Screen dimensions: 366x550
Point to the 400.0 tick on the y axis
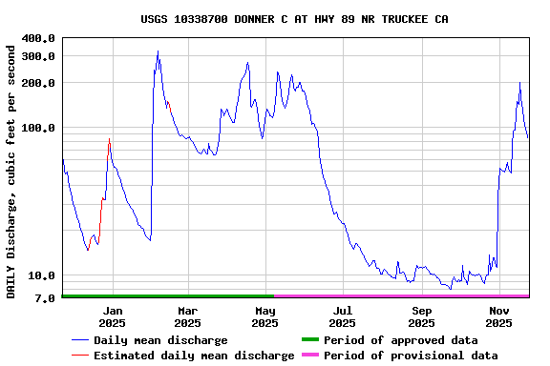[39, 38]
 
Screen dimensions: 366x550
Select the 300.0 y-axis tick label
[39, 56]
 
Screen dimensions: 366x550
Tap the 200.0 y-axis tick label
[39, 83]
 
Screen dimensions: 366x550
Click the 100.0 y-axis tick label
[39, 128]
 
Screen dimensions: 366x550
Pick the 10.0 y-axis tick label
[43, 276]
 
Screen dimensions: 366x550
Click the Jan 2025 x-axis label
[113, 316]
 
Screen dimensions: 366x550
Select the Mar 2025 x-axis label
[188, 316]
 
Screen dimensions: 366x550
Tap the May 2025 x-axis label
[264, 316]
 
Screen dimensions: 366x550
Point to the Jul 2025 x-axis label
[343, 316]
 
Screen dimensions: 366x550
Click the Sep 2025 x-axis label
[422, 316]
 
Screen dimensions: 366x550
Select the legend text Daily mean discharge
[160, 340]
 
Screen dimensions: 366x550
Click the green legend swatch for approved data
[308, 340]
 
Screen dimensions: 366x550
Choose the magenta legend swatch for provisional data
[308, 356]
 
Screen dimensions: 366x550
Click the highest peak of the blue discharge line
[158, 51]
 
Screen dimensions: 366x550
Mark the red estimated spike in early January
[109, 140]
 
